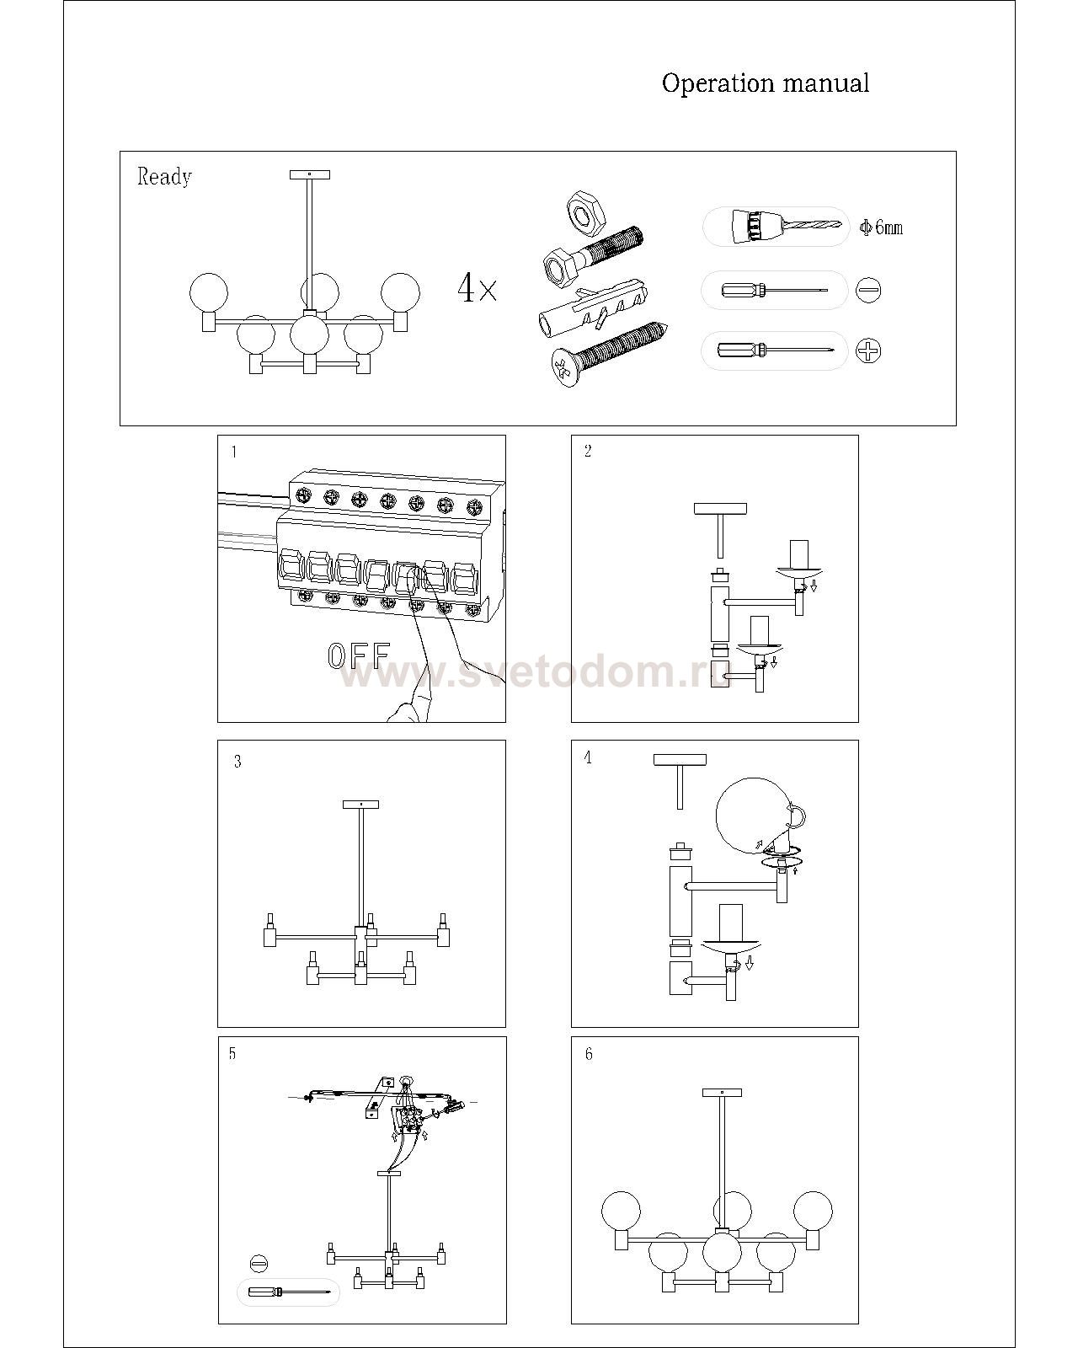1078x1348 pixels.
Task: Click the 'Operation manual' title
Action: coord(765,83)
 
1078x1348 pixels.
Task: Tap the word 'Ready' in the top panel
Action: coord(164,177)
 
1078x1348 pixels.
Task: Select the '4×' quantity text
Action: coord(478,288)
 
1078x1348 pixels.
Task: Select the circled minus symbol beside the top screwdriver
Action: coord(869,290)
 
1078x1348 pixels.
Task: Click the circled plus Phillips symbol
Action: coord(869,350)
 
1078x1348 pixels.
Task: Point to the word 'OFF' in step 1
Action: coord(359,655)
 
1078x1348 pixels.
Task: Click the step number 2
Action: coord(588,451)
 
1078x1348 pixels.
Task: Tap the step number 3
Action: coord(237,761)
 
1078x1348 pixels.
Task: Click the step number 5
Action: coord(232,1054)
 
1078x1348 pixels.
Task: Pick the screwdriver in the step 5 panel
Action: coord(289,1292)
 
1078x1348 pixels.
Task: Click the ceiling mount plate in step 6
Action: coord(723,1093)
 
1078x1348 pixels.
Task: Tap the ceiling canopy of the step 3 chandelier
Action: coord(360,805)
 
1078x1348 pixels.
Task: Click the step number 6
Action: coord(589,1054)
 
